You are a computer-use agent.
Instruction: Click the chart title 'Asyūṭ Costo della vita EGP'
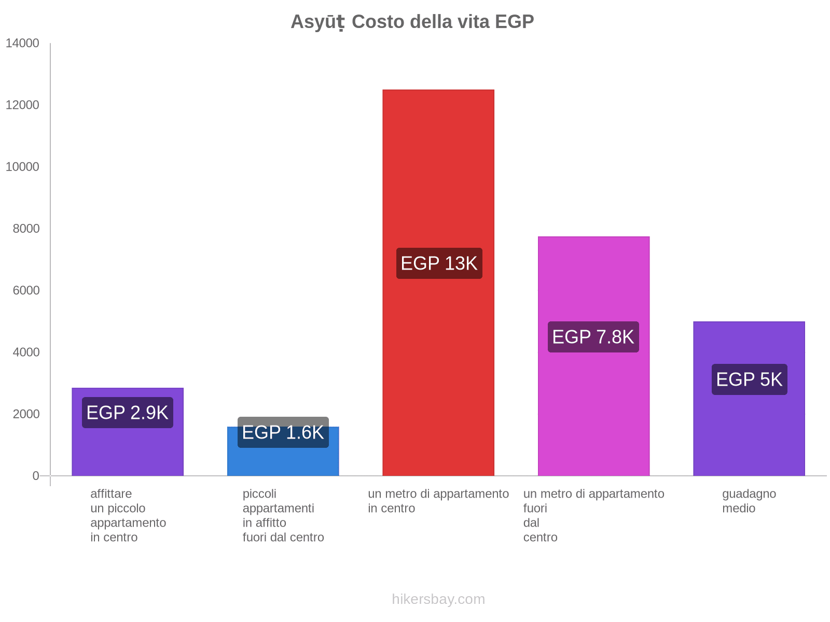click(412, 22)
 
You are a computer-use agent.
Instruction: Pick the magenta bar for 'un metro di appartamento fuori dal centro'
click(593, 404)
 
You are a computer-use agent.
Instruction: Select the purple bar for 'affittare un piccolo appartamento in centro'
click(127, 451)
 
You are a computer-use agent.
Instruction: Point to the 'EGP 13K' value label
click(439, 263)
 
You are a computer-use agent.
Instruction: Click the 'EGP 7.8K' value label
click(593, 337)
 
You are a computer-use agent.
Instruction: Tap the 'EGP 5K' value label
click(749, 379)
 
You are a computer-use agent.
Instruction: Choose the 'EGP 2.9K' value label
click(127, 413)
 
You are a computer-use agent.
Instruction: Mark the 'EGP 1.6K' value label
click(283, 432)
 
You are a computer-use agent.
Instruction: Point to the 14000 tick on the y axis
click(22, 43)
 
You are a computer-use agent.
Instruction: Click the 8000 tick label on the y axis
click(25, 229)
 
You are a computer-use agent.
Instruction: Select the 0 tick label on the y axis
click(36, 476)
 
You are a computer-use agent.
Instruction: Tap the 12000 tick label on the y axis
click(22, 105)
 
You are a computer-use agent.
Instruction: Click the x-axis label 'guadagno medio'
click(749, 501)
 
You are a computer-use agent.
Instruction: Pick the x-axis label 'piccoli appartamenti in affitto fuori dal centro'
click(283, 515)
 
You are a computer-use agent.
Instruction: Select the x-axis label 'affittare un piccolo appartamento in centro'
click(128, 515)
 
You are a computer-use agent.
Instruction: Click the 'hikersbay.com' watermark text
click(438, 599)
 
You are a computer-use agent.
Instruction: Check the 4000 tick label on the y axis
click(25, 352)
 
